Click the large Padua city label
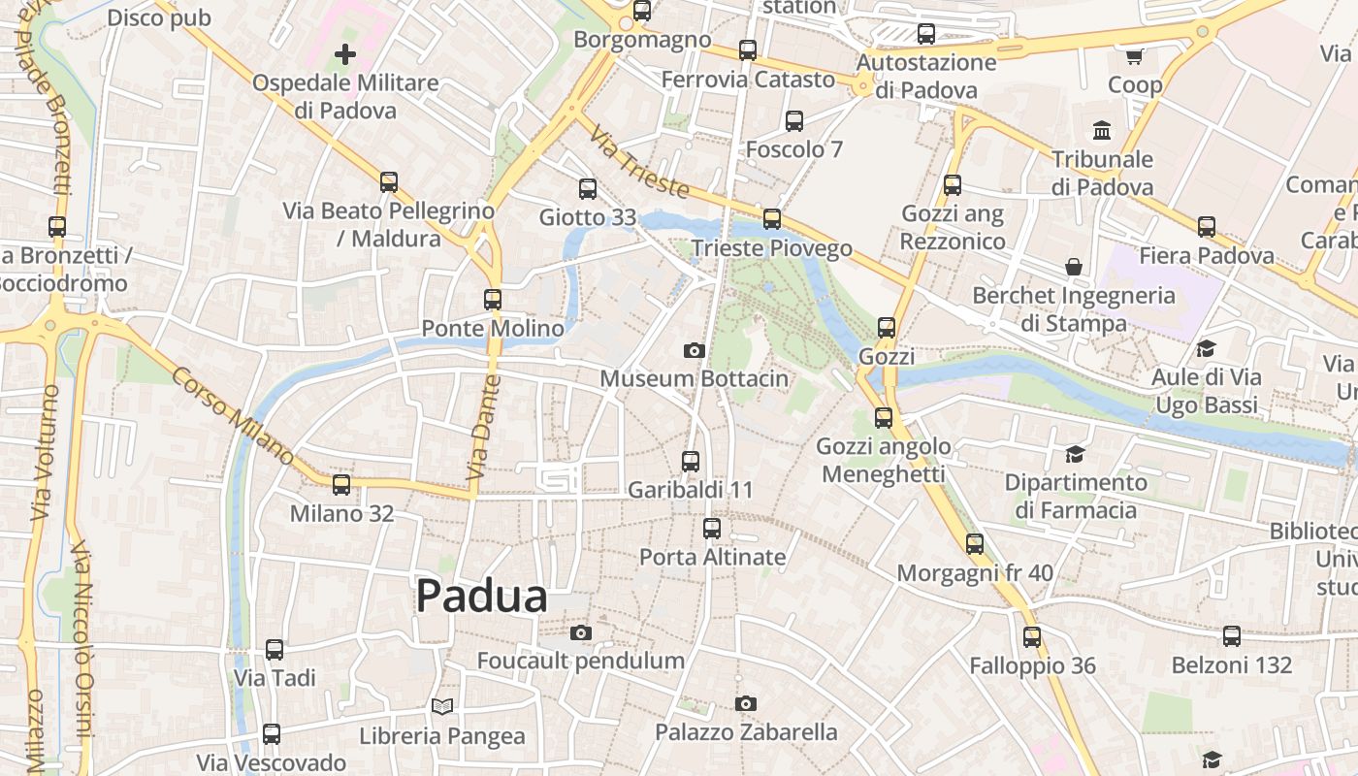click(482, 597)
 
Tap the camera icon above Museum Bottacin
click(694, 350)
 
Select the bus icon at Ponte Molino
click(493, 300)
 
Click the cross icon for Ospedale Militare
click(345, 54)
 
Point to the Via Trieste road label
click(639, 162)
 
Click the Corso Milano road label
click(233, 415)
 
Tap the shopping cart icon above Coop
click(1135, 56)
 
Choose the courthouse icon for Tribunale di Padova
click(1102, 130)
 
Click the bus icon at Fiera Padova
click(1207, 227)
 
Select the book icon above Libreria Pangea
click(442, 706)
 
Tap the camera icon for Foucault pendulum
click(581, 633)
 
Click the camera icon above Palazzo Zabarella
click(745, 703)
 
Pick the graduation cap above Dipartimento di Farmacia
click(1075, 454)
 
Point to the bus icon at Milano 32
click(341, 484)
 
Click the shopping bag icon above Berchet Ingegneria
click(1074, 267)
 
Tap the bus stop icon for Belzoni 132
click(1232, 636)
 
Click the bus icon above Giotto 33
click(588, 188)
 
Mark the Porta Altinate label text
click(712, 557)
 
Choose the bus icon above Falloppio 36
click(1032, 637)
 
